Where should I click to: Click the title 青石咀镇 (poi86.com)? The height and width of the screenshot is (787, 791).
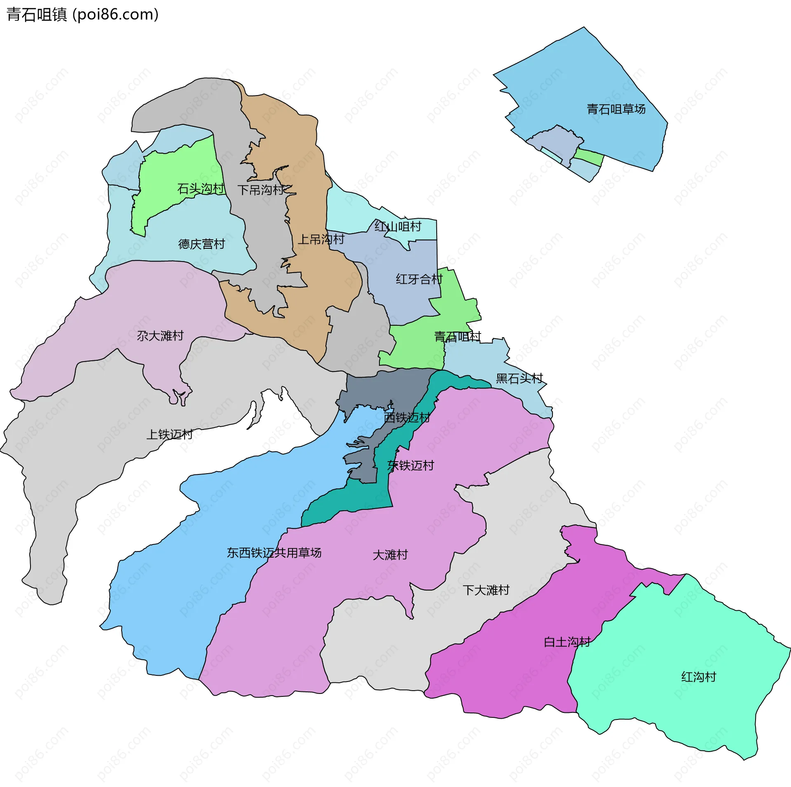(82, 15)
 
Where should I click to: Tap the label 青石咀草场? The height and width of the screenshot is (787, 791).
(616, 109)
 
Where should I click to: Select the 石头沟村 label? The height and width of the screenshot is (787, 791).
(201, 189)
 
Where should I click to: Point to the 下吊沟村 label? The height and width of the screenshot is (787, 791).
(261, 190)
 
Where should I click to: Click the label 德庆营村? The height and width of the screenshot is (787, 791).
(201, 244)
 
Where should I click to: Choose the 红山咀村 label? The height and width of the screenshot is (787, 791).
(398, 226)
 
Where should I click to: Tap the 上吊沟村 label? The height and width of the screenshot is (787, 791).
(321, 239)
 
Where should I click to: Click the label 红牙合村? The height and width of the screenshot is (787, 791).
(419, 279)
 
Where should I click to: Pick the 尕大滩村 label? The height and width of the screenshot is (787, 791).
(160, 336)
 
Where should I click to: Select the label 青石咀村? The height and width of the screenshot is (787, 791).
(457, 337)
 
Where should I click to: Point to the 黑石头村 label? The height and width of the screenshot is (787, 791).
(519, 378)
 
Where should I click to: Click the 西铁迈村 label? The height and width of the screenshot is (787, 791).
(407, 418)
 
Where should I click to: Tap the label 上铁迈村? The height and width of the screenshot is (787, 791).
(170, 434)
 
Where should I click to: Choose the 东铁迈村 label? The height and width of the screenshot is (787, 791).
(411, 465)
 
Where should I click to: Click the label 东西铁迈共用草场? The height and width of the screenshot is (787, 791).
(274, 553)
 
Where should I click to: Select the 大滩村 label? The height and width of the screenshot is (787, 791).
(390, 555)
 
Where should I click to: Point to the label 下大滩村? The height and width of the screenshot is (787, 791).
(486, 590)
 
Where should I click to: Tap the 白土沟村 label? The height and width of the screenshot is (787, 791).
(567, 642)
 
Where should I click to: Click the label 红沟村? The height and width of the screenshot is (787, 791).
(699, 677)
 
